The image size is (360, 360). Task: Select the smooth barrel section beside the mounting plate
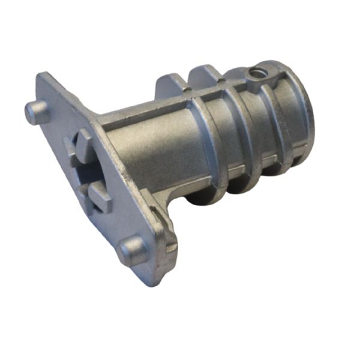[x=150, y=150]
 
